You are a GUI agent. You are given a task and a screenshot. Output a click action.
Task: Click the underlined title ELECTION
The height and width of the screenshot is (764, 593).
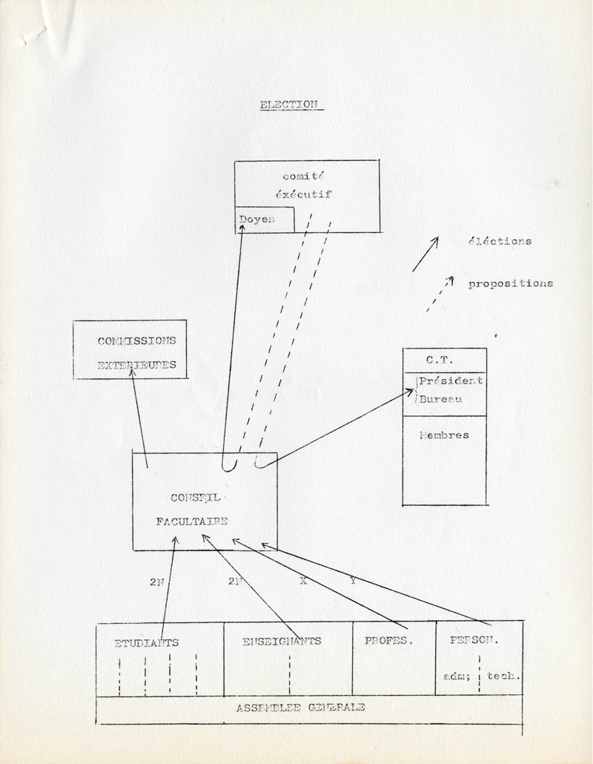(288, 105)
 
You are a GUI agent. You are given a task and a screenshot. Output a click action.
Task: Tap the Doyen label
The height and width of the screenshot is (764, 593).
(256, 220)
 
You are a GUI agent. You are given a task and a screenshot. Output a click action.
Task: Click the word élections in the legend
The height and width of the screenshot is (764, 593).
(500, 241)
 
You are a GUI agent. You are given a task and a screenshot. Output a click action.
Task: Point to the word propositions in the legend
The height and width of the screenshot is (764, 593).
(510, 283)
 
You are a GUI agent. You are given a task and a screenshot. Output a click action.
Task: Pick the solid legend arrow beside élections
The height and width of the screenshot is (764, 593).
(425, 254)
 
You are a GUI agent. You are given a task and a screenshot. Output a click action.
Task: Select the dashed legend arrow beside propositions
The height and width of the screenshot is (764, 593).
(439, 294)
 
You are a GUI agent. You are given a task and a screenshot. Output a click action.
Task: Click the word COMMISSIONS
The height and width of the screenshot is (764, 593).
(136, 341)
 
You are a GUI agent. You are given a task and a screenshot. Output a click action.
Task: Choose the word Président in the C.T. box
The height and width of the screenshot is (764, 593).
(451, 381)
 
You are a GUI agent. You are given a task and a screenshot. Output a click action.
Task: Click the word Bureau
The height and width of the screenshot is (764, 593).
(440, 400)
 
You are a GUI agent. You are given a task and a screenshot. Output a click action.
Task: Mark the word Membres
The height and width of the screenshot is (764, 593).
(444, 435)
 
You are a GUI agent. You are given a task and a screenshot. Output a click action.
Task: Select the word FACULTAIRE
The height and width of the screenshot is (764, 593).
(191, 521)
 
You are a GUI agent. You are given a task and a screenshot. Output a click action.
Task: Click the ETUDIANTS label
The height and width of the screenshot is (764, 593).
(146, 642)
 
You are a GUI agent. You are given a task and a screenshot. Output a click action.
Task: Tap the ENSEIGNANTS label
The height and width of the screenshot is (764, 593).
(282, 641)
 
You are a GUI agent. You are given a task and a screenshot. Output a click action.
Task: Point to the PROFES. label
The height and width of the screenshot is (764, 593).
(387, 641)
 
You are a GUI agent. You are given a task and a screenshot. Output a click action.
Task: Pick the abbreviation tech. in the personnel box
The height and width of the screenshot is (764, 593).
(503, 676)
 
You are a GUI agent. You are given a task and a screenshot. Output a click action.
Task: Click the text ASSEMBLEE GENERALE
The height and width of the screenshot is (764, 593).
(300, 708)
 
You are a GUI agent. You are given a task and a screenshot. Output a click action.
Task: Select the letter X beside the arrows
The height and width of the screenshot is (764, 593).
(302, 581)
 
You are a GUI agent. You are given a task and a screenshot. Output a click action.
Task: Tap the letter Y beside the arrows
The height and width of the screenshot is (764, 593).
(353, 581)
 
